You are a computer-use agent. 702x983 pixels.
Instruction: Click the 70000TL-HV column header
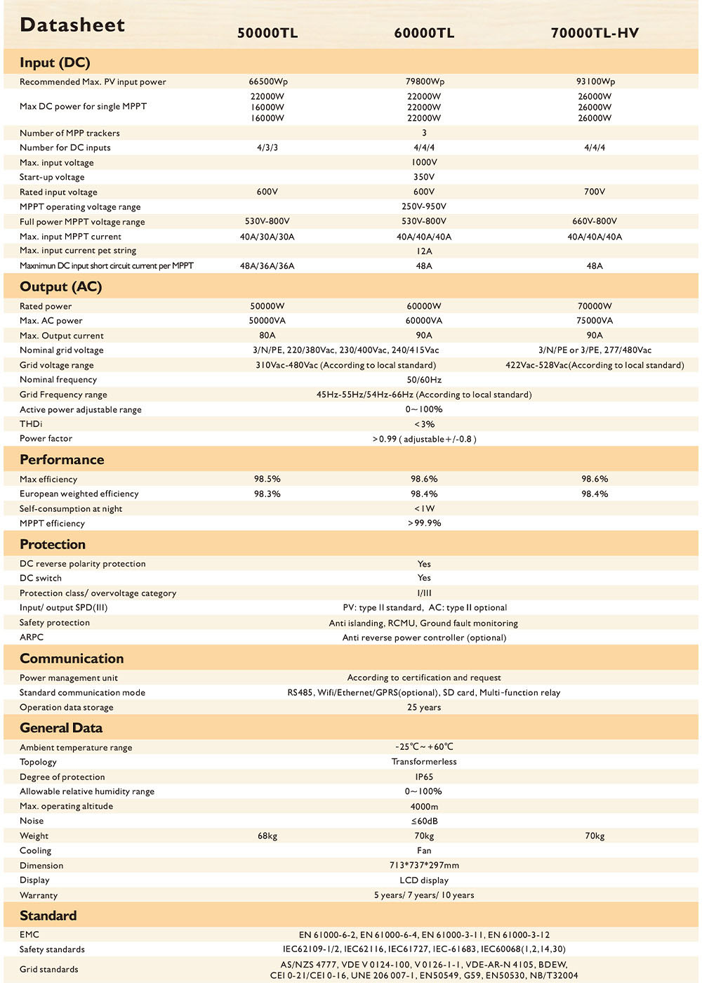pos(595,33)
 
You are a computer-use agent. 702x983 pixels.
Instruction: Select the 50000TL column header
pos(267,33)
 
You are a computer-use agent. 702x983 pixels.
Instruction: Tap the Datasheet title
pos(72,25)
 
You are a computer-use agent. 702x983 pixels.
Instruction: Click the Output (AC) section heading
pos(61,286)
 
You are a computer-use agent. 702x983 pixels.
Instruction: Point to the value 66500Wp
pos(267,81)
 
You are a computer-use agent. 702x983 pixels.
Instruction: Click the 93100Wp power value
pos(595,81)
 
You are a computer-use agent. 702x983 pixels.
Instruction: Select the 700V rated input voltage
pos(595,192)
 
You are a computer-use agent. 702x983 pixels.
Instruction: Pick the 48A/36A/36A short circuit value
pos(267,266)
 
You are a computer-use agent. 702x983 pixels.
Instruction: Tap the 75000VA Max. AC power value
pos(595,321)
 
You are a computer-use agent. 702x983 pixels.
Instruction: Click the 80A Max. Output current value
pos(267,336)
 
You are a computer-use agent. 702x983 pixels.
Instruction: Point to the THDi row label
pos(31,424)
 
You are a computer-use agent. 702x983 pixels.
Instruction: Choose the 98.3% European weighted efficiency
pos(267,494)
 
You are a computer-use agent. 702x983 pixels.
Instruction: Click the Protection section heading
pos(53,544)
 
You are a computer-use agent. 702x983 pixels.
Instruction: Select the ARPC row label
pos(32,638)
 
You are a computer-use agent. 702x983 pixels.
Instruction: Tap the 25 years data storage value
pos(424,708)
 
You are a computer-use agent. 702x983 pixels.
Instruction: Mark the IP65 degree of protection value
pos(424,777)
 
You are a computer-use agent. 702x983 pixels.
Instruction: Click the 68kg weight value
pos(267,836)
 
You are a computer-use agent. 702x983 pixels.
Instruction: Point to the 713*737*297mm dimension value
pos(424,866)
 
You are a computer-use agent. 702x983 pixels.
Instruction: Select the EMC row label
pos(29,935)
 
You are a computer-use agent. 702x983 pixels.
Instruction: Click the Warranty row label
pos(39,895)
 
